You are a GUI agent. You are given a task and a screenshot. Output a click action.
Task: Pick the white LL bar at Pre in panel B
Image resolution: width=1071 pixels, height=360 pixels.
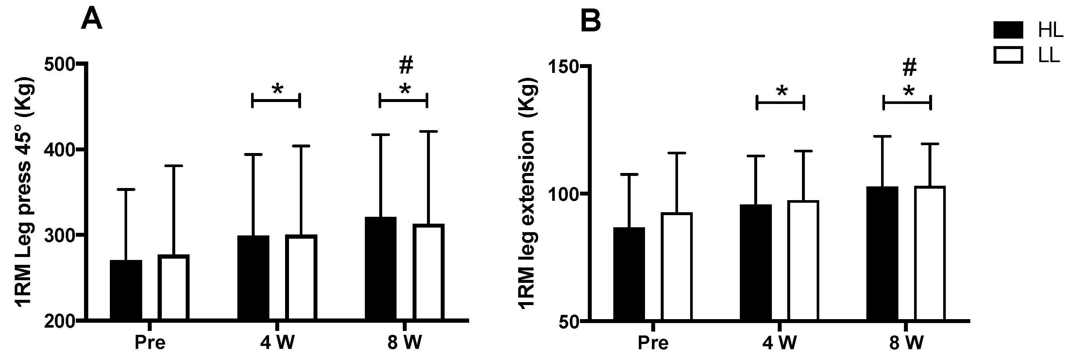click(x=677, y=266)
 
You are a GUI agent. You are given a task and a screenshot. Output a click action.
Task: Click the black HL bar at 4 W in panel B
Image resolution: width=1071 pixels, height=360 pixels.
click(x=756, y=262)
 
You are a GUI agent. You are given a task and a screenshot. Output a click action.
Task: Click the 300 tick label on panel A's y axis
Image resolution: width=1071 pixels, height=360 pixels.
click(x=60, y=236)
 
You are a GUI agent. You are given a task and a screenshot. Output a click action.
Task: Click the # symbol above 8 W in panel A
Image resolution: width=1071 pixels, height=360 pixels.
click(x=406, y=65)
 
